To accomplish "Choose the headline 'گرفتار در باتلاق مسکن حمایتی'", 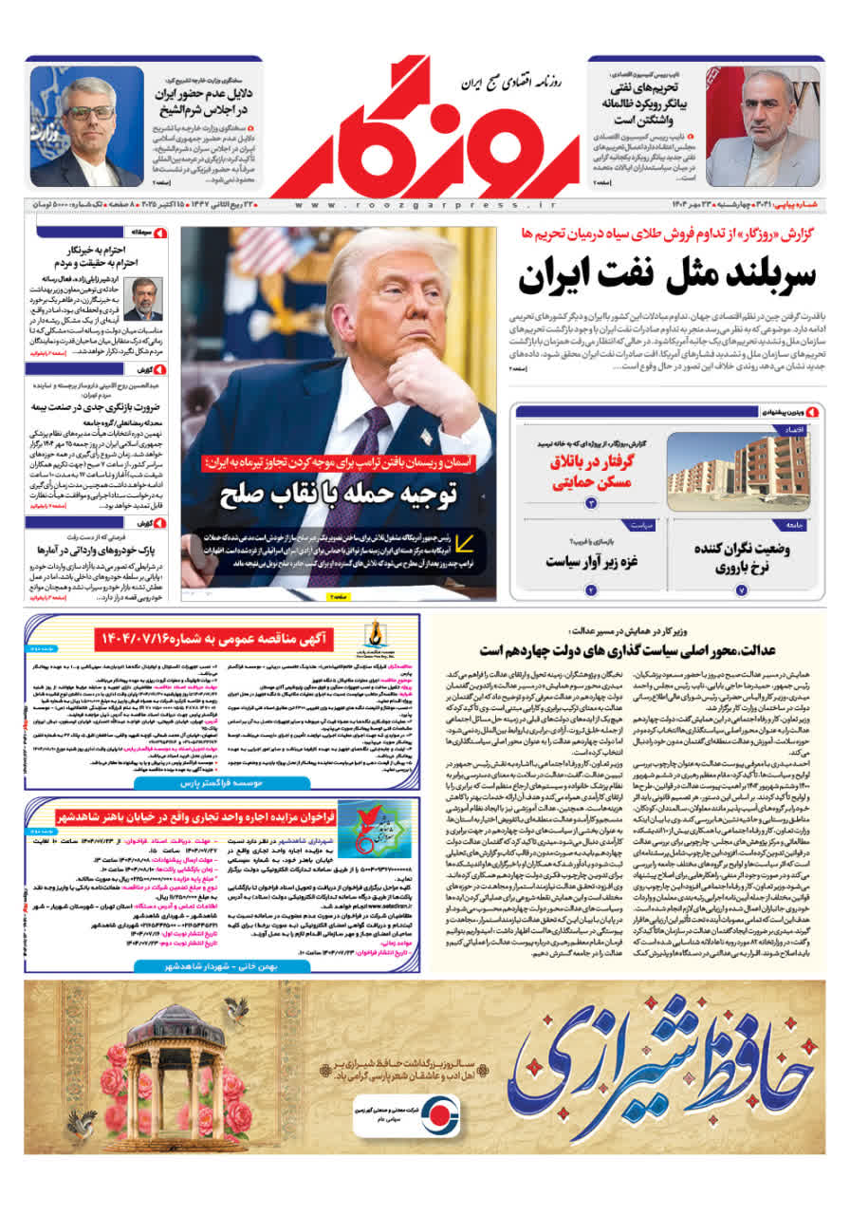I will tap(594, 471).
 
